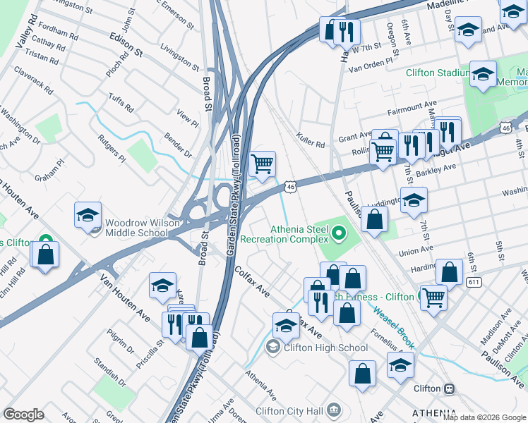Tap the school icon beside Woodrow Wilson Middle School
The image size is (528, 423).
coord(88,215)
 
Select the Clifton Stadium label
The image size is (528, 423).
coord(438,73)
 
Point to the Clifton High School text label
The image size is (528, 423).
coord(325,348)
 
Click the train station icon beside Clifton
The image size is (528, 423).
coord(448,388)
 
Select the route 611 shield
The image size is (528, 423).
coord(474,281)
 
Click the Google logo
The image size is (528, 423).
coord(24,415)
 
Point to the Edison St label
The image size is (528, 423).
coord(126,43)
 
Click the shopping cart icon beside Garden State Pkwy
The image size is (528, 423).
coord(262,164)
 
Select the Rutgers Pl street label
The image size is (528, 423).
coord(112,149)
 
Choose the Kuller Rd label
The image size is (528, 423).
coord(311,140)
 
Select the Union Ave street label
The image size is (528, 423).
coord(416,250)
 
